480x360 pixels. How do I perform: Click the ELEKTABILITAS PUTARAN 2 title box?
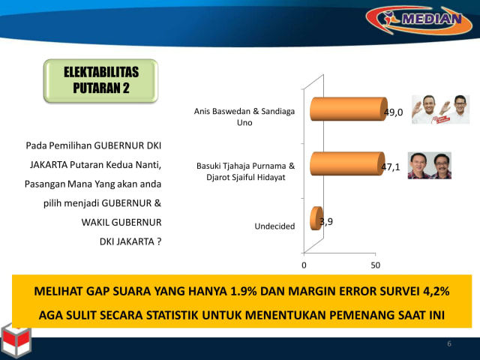click(101, 82)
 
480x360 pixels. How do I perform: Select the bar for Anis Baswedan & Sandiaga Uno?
click(347, 112)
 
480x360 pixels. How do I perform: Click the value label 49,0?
click(394, 113)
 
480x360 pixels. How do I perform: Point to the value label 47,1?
click(390, 167)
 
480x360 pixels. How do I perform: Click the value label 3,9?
click(325, 222)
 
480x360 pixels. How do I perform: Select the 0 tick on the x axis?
click(304, 265)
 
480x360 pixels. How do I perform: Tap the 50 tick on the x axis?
click(376, 265)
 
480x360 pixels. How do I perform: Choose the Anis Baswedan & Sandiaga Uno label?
click(244, 117)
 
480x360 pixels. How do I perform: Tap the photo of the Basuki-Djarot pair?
click(429, 165)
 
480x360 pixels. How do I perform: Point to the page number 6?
click(449, 343)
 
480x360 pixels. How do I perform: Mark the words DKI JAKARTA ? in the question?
click(130, 241)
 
